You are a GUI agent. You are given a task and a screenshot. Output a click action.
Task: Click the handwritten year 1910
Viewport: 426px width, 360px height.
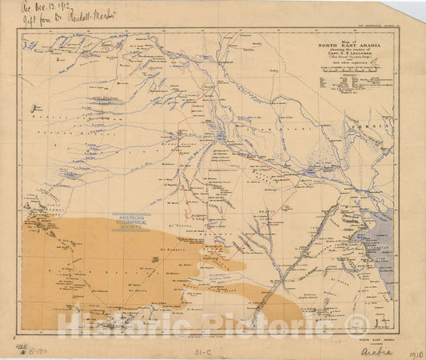pos(415,353)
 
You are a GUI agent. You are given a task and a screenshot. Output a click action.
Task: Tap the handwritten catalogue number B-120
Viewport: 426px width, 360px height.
pos(37,349)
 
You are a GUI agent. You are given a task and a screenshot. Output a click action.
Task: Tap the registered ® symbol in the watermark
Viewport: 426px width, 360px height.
pos(356,324)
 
